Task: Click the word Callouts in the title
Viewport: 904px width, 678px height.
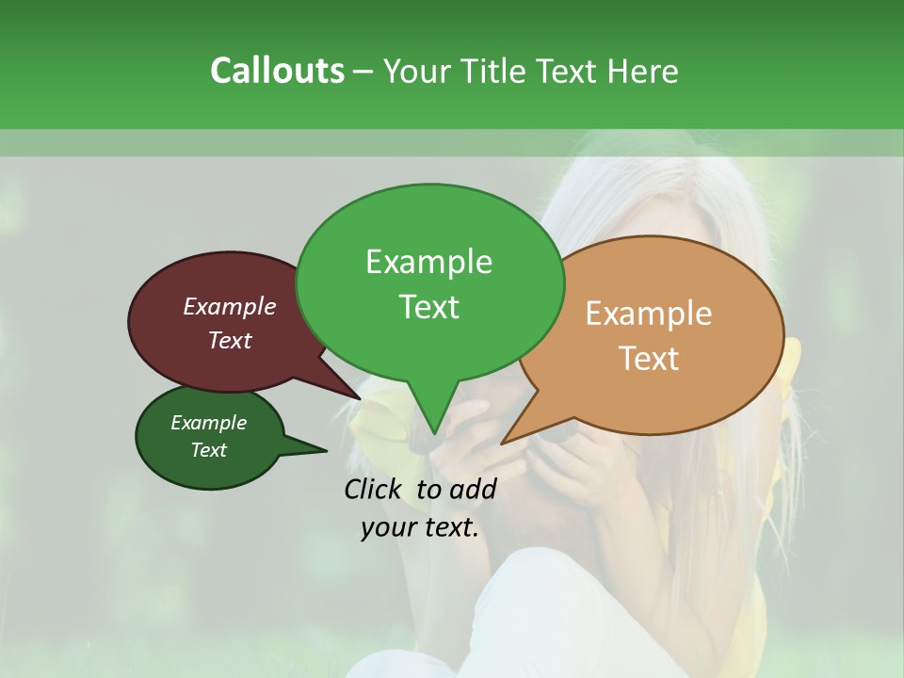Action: [277, 71]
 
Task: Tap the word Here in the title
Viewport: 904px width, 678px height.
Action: [644, 71]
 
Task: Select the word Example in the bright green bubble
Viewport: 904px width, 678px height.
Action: [428, 262]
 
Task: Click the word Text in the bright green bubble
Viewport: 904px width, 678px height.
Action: [428, 306]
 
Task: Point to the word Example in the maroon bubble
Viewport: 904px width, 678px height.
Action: [230, 306]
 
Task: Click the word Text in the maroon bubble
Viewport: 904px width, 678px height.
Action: [230, 340]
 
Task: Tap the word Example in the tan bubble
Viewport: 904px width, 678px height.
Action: [649, 314]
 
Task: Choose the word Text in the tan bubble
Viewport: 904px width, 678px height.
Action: [649, 358]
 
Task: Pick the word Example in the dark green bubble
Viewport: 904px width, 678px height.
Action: [208, 423]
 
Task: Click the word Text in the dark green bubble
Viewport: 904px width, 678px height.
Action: [208, 450]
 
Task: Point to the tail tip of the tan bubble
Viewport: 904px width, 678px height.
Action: [506, 440]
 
